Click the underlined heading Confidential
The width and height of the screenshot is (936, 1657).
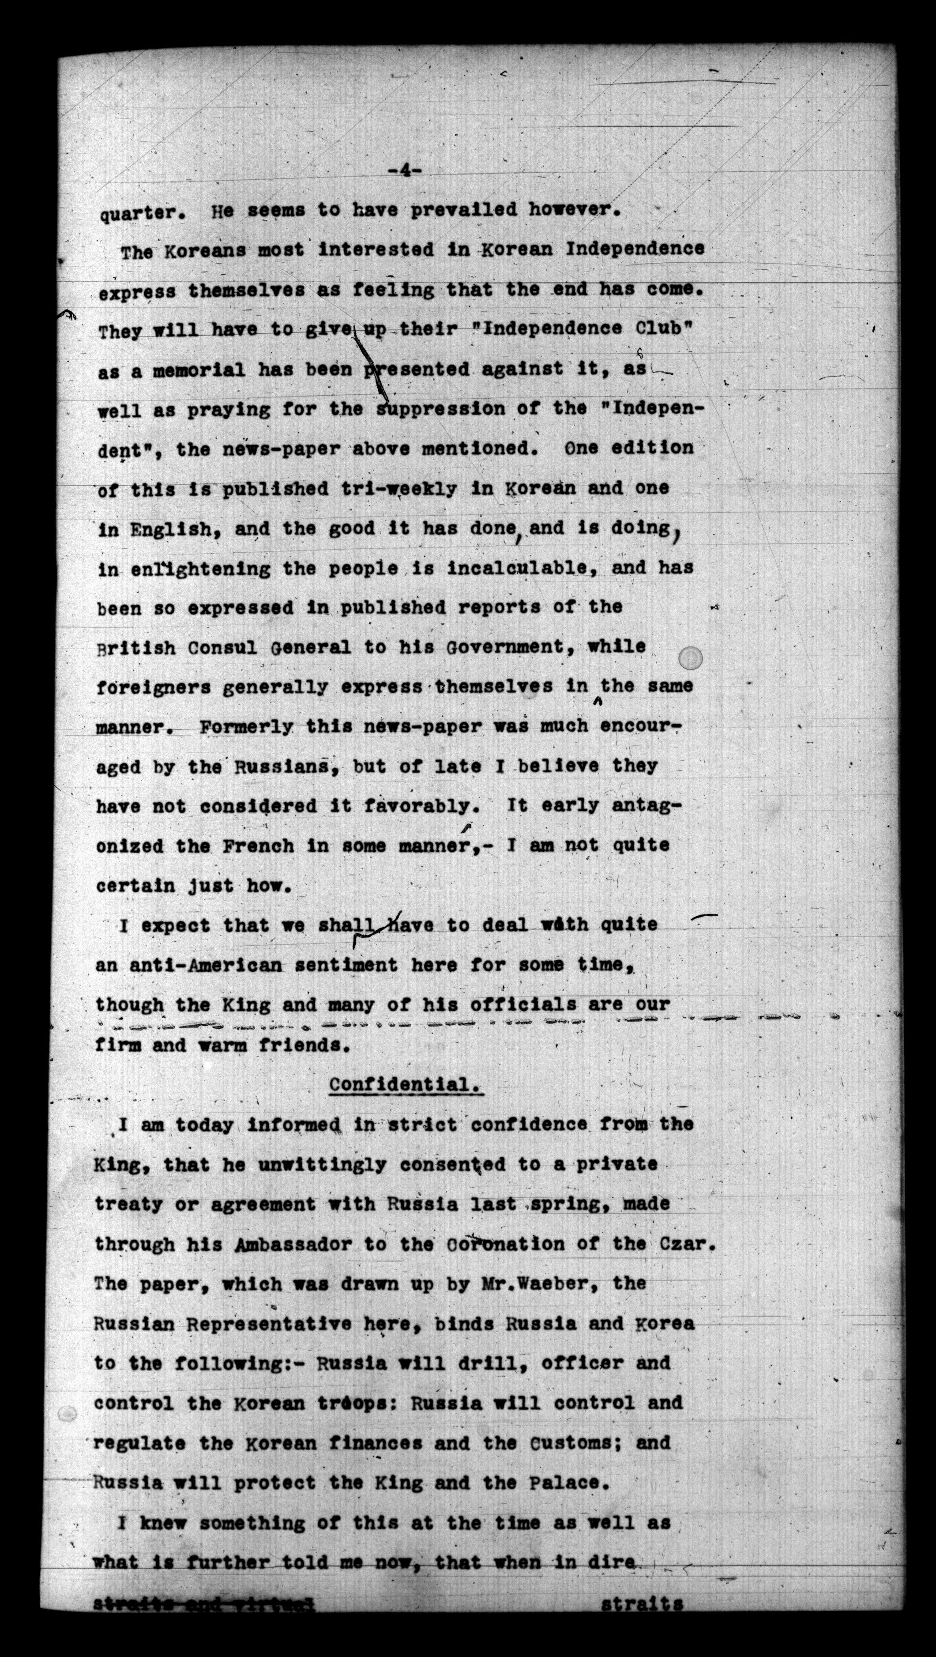tap(406, 1084)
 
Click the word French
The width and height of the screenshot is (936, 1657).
tap(259, 846)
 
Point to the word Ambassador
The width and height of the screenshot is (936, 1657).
tap(293, 1244)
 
